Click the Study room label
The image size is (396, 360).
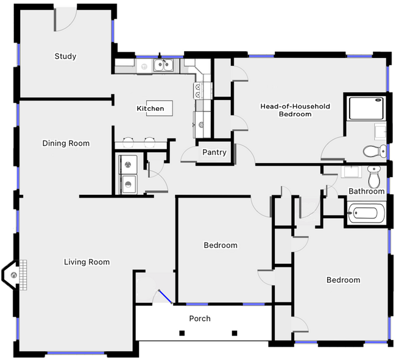click(x=65, y=57)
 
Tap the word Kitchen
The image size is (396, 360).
click(x=150, y=108)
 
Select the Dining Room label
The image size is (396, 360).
click(x=66, y=144)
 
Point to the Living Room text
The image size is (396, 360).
click(x=87, y=263)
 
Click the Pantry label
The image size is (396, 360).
click(x=214, y=152)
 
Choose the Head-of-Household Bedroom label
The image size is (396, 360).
click(x=295, y=110)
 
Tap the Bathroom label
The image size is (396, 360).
click(x=366, y=191)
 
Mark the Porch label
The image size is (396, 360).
click(x=200, y=319)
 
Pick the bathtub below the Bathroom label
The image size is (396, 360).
click(x=366, y=215)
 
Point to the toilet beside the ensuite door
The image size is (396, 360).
click(x=371, y=150)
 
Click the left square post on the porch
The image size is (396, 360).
click(x=182, y=333)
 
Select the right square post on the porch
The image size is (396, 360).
click(x=235, y=333)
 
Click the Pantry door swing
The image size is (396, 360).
click(x=190, y=156)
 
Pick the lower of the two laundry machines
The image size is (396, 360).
click(x=129, y=183)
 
